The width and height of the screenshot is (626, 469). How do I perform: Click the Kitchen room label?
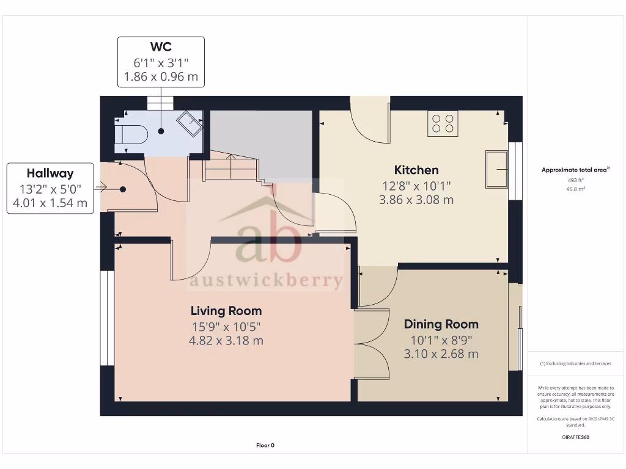(416, 170)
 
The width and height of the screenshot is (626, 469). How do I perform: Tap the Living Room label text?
(226, 311)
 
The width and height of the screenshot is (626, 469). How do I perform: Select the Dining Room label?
(441, 324)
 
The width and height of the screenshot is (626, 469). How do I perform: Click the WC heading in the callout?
(161, 47)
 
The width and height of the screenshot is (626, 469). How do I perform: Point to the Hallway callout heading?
(50, 173)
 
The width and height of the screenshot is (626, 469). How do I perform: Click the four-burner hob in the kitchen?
(443, 123)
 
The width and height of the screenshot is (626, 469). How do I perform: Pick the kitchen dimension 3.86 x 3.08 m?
(416, 200)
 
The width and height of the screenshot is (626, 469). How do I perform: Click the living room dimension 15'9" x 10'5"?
(226, 327)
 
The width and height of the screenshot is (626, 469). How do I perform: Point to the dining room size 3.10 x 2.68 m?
(441, 354)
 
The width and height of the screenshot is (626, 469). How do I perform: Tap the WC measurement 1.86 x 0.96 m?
(161, 77)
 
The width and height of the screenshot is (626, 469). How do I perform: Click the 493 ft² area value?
(575, 180)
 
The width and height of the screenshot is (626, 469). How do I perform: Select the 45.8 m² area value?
(575, 189)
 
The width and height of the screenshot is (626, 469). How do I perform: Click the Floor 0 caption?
(265, 445)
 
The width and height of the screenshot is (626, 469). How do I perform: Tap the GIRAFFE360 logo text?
(575, 437)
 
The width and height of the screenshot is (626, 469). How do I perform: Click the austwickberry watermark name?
(266, 280)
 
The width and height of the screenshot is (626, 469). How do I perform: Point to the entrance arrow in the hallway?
(102, 188)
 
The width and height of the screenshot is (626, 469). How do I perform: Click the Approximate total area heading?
(573, 170)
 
